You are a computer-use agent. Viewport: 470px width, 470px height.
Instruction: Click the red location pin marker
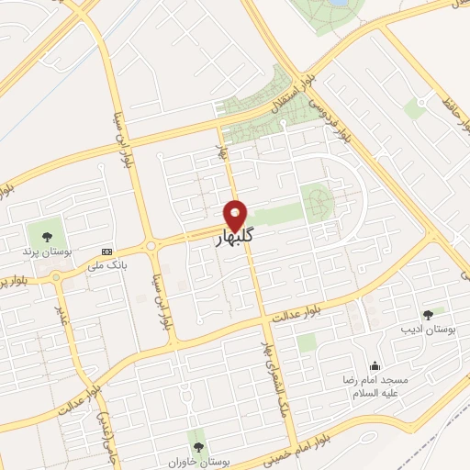click(x=236, y=215)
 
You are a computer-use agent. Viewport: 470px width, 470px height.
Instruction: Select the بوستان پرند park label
click(x=44, y=249)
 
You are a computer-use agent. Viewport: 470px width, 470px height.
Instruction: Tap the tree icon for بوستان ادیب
click(x=428, y=314)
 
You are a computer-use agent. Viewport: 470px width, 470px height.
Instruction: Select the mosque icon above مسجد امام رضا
click(x=374, y=365)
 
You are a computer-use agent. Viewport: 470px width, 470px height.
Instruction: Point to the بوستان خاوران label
click(x=194, y=462)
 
